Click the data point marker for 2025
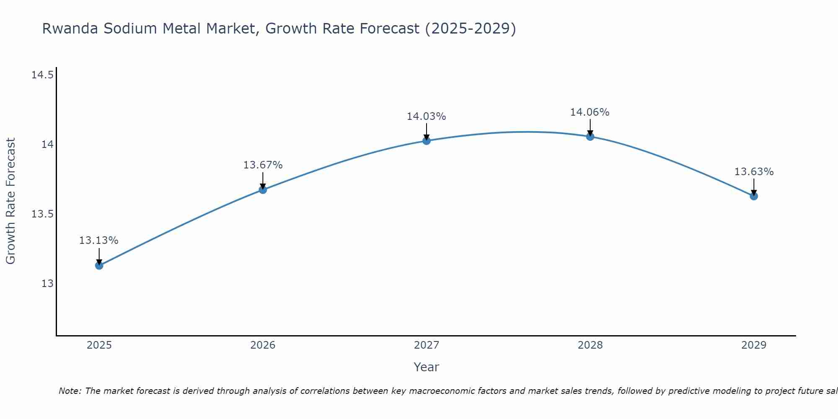click(99, 265)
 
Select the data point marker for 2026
click(263, 190)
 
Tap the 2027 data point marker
click(427, 141)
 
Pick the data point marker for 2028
click(590, 137)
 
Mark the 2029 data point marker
click(754, 196)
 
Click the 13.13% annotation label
click(99, 241)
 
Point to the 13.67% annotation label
click(263, 165)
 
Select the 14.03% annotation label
click(427, 116)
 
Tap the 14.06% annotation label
click(590, 112)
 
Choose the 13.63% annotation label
click(754, 172)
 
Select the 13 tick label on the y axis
click(47, 284)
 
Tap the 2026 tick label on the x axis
click(263, 345)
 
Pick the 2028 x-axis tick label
click(590, 345)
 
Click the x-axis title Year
click(427, 367)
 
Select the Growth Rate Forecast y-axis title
click(10, 201)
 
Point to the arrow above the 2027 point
click(427, 132)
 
